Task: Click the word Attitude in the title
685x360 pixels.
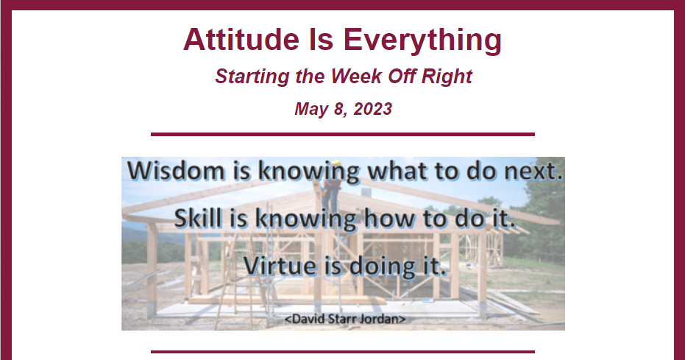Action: click(241, 39)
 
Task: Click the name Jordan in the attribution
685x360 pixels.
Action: click(383, 319)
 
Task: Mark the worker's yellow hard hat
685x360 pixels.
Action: click(336, 163)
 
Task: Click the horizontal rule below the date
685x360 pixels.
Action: click(343, 135)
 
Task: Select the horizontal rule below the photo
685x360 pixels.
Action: click(343, 351)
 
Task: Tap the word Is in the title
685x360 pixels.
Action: click(321, 39)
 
